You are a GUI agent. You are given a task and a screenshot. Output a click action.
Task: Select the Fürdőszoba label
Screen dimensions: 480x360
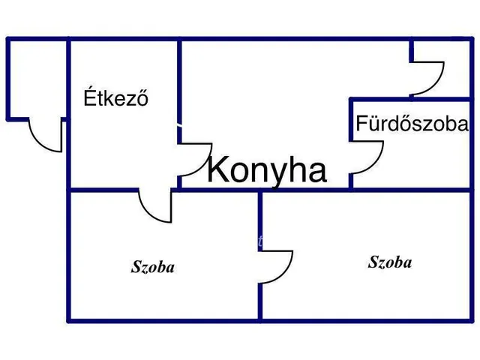[x=412, y=123]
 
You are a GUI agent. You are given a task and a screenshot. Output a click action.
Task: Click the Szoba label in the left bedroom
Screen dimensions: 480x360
[x=153, y=267]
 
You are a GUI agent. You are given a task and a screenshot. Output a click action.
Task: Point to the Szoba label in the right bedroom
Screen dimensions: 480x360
[x=390, y=262]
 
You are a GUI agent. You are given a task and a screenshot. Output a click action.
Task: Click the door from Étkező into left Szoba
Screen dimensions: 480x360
[x=149, y=212]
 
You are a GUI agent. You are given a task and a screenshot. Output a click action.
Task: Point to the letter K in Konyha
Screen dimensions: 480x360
[x=217, y=168]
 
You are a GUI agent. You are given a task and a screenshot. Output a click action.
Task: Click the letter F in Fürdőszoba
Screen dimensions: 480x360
[x=361, y=123]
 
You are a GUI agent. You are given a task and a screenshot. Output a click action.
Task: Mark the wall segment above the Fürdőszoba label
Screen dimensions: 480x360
[x=410, y=99]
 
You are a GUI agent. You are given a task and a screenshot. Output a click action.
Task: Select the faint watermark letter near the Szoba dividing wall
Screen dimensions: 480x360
[x=260, y=241]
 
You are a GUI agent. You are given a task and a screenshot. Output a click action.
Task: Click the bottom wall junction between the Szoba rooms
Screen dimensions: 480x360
[x=260, y=321]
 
